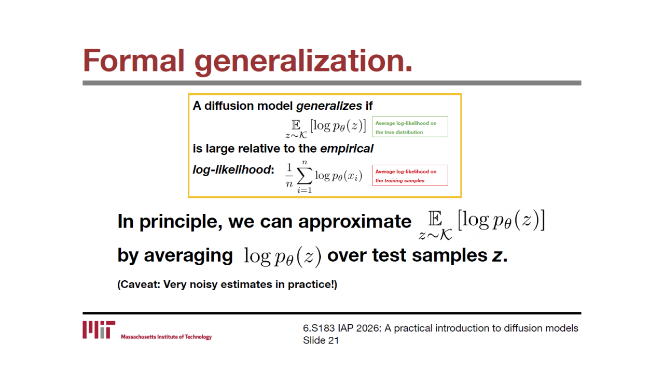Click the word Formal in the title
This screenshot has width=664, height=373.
[134, 61]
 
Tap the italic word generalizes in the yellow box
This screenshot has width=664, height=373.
[329, 106]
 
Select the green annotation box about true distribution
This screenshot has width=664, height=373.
[410, 127]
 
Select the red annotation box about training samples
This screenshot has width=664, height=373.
[410, 175]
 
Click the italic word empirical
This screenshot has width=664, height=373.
[347, 149]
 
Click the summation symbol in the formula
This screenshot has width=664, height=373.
[305, 176]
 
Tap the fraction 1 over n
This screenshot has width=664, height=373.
[289, 176]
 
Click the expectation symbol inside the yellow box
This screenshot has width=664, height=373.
[296, 125]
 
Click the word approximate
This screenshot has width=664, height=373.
[355, 222]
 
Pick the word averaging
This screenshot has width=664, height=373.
[188, 256]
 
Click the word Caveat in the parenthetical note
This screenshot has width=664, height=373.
[140, 284]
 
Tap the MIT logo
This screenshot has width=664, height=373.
[99, 330]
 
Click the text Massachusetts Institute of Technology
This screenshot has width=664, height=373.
[167, 337]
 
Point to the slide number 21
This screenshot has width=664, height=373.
[334, 341]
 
